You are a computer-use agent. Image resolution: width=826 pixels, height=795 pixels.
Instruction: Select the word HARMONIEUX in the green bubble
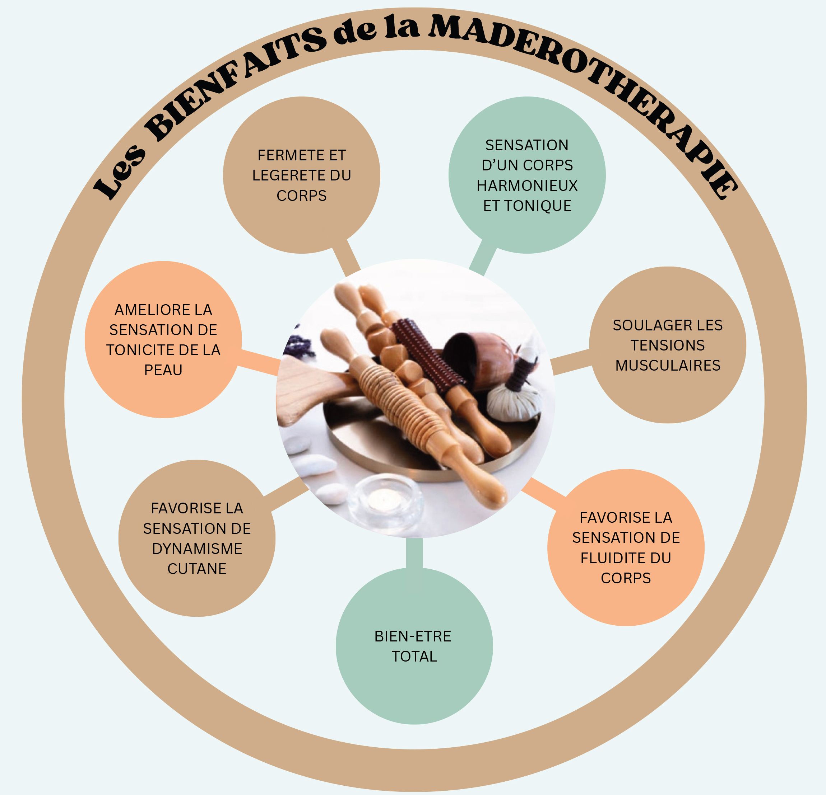click(527, 186)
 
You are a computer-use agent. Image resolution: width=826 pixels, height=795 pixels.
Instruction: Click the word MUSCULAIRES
click(668, 366)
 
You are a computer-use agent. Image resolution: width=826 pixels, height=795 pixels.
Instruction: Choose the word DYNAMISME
click(197, 549)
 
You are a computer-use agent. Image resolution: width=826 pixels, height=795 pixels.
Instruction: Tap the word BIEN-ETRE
click(413, 636)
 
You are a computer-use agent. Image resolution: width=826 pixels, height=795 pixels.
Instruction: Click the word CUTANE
click(197, 569)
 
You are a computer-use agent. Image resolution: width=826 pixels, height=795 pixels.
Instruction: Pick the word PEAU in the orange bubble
click(163, 370)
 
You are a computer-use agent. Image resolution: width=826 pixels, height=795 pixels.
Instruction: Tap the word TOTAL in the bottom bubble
click(414, 657)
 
